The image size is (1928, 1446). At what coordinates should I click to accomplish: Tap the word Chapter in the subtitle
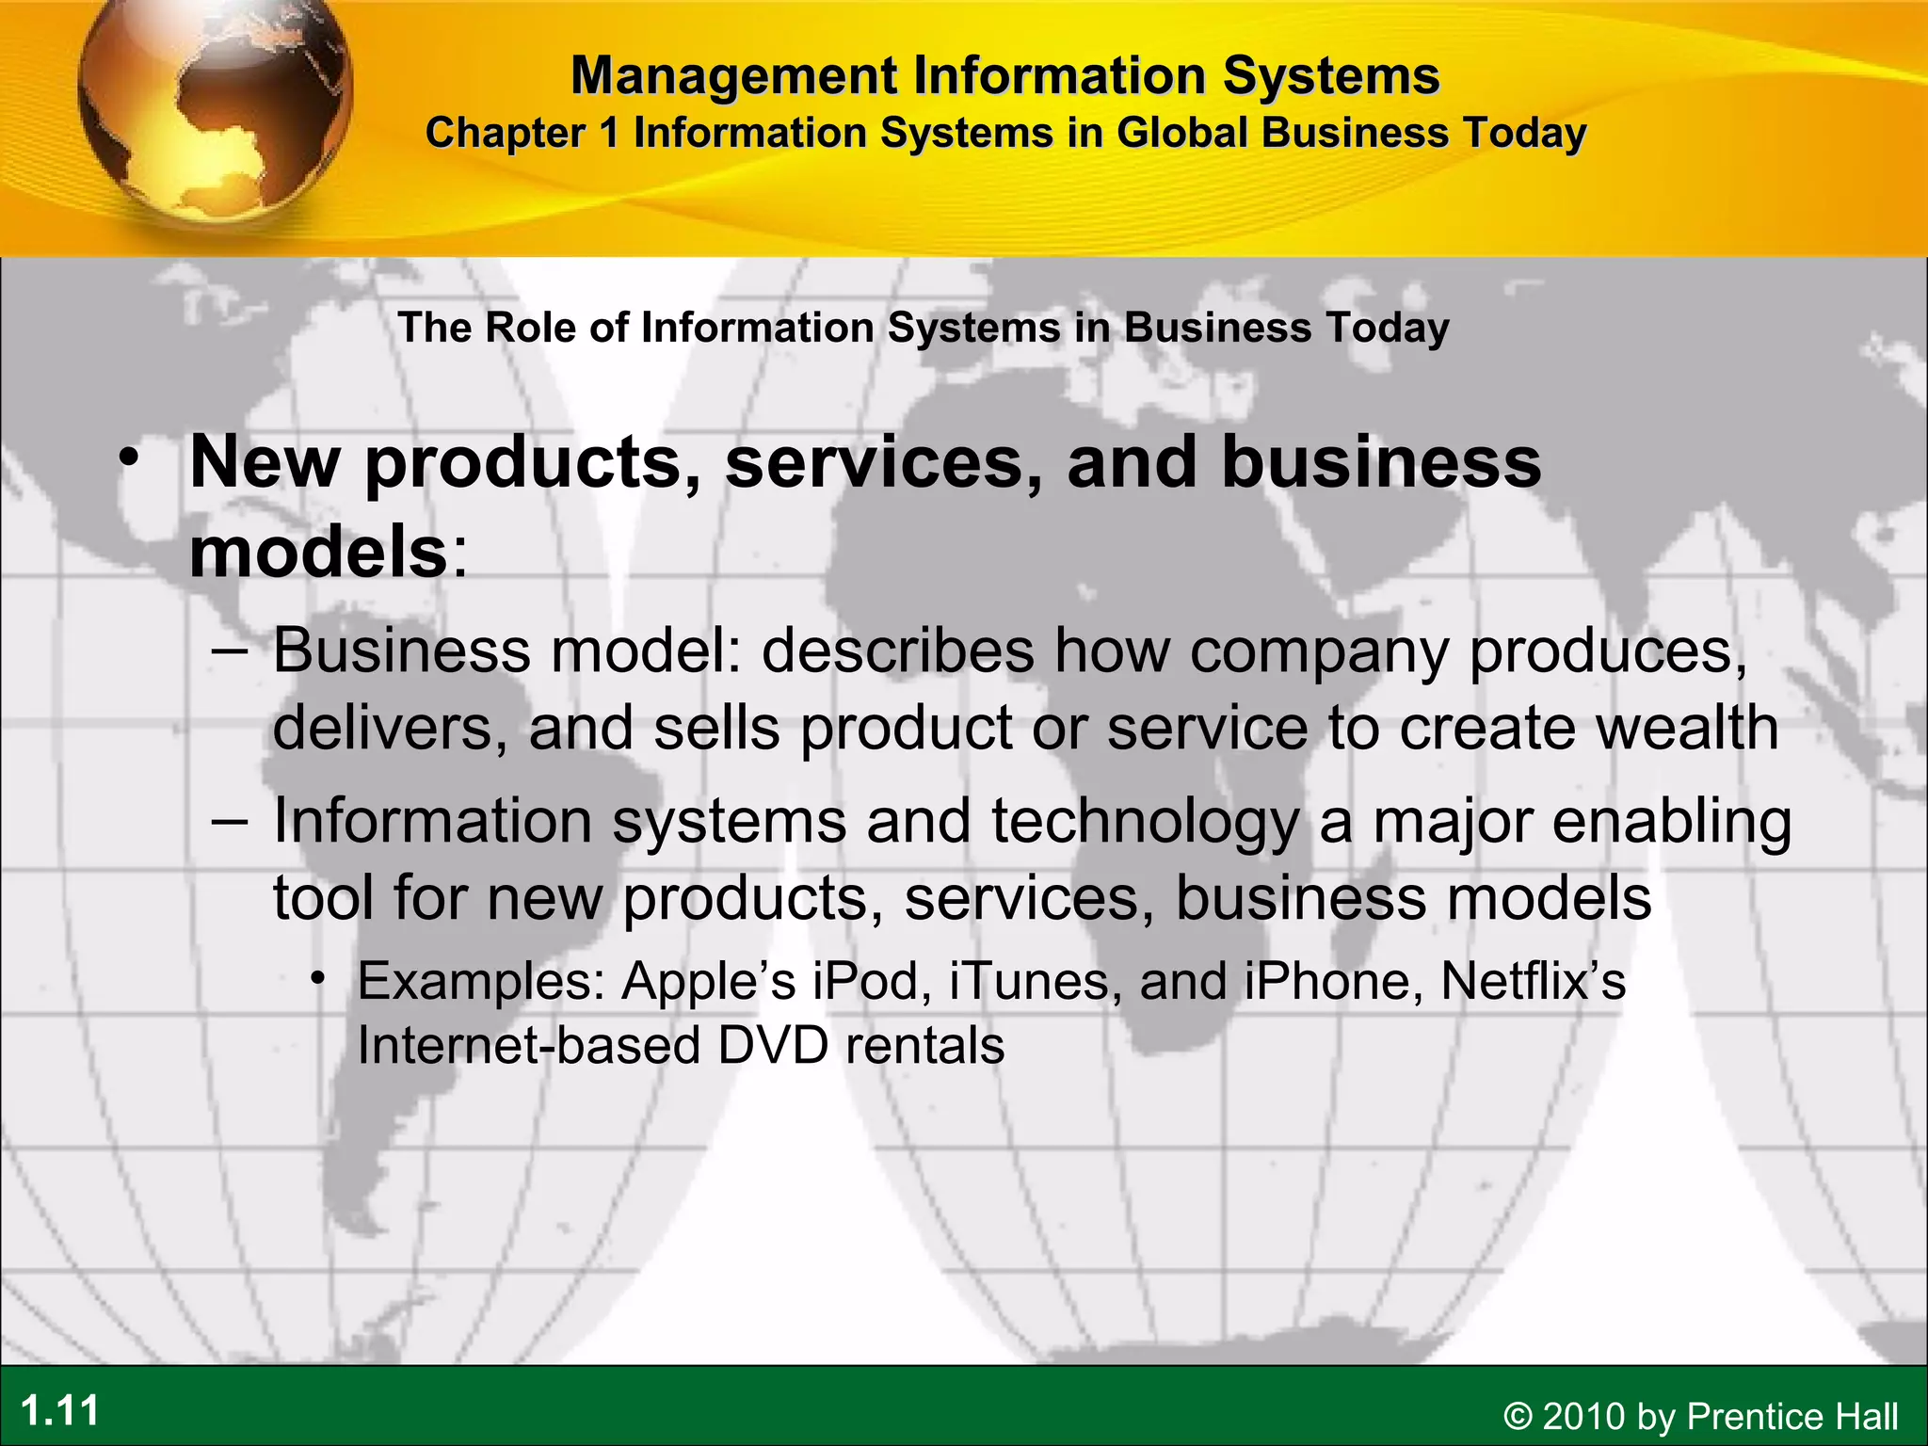point(506,133)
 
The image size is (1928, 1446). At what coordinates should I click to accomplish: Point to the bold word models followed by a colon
point(318,552)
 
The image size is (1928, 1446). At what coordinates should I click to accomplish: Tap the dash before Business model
point(230,650)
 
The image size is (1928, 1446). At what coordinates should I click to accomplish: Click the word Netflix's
point(1533,981)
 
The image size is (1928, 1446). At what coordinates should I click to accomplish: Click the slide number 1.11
point(60,1411)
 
